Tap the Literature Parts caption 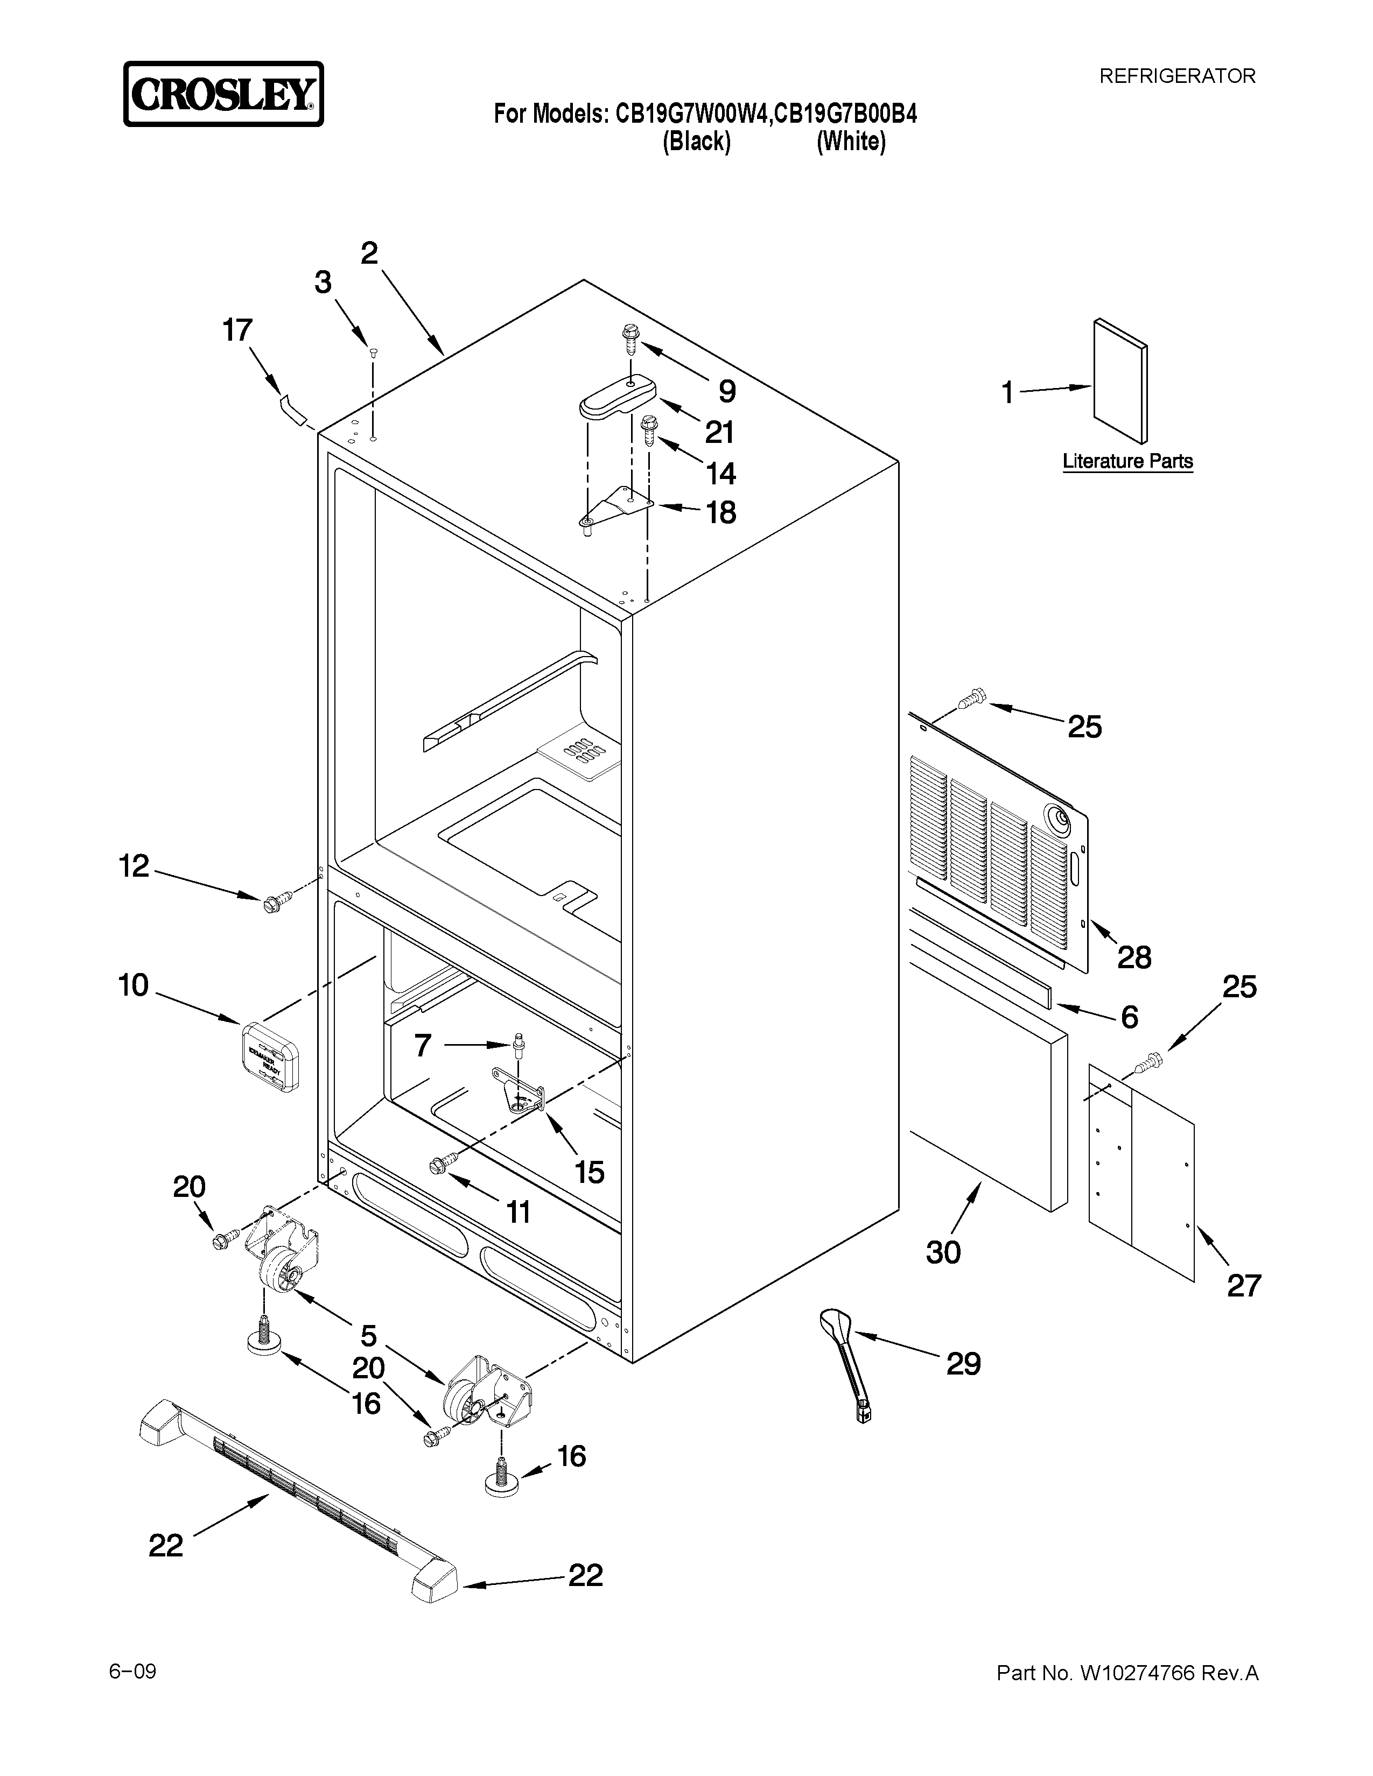point(1127,461)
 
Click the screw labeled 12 point(274,901)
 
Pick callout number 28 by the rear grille point(1134,957)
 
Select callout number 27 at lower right point(1243,1286)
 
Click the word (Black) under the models point(696,142)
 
